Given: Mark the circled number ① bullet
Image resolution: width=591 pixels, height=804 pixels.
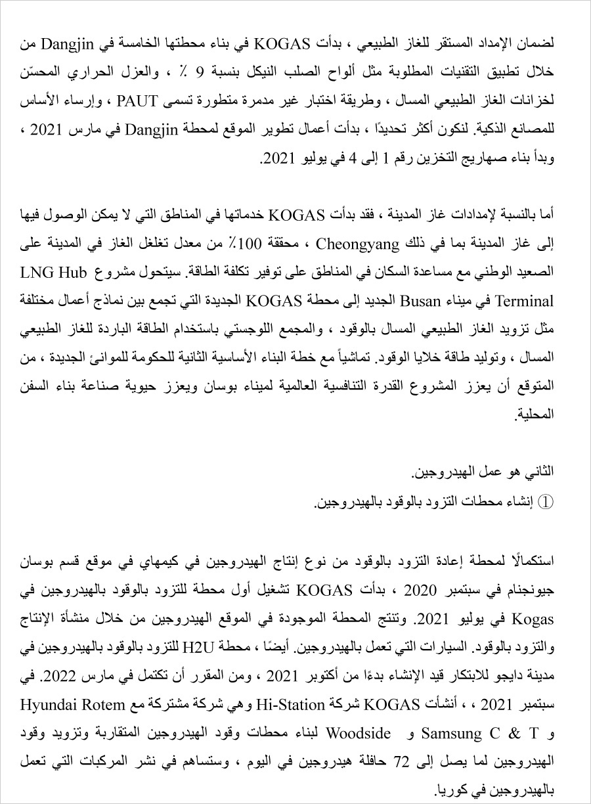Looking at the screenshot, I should coord(547,502).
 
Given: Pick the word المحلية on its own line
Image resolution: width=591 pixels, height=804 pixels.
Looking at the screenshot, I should coord(538,415).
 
